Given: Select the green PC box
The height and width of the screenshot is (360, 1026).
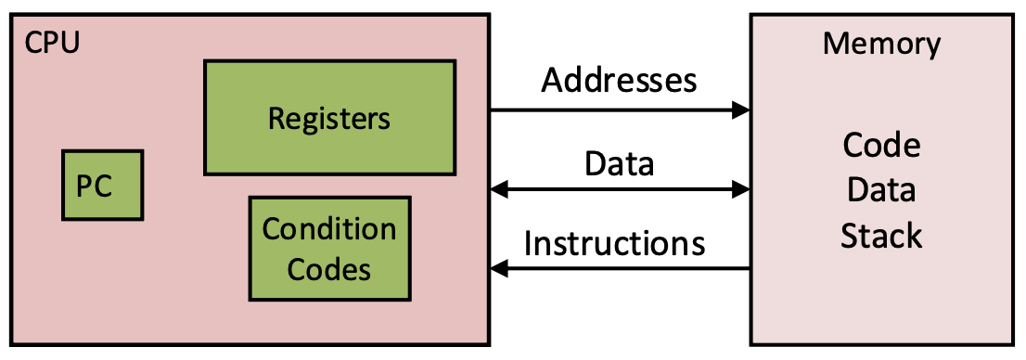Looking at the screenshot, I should [102, 186].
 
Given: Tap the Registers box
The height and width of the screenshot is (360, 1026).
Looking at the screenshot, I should [329, 118].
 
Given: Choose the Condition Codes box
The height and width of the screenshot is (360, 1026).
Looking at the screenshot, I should [329, 248].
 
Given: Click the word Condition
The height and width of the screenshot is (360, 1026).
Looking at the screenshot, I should [329, 229].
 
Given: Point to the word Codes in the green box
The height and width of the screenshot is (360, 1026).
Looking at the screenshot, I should [329, 269].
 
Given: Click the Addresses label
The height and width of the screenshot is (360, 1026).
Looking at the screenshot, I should [619, 81].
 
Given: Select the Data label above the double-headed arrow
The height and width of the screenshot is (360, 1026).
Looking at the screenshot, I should [619, 163].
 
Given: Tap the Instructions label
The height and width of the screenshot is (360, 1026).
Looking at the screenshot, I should [615, 243].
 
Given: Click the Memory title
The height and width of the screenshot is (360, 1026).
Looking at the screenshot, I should [881, 44].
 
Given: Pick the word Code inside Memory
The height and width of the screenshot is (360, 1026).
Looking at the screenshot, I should [881, 146].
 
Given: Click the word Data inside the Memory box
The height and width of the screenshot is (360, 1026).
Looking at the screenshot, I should [881, 190].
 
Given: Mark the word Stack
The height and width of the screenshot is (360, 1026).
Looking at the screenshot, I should [881, 236].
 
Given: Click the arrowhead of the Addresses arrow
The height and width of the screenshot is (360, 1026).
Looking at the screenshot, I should [740, 110].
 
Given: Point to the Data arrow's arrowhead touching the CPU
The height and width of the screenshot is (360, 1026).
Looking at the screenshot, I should [500, 190].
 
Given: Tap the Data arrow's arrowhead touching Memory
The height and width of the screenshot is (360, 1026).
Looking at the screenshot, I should [740, 190].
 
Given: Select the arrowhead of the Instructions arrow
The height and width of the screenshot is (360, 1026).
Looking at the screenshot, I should [500, 269].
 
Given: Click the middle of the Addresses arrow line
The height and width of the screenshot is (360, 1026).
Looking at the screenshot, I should [620, 110].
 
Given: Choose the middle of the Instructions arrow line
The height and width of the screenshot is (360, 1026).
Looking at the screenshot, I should [620, 269].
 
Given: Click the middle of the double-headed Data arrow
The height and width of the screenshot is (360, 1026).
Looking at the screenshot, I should [620, 190].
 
